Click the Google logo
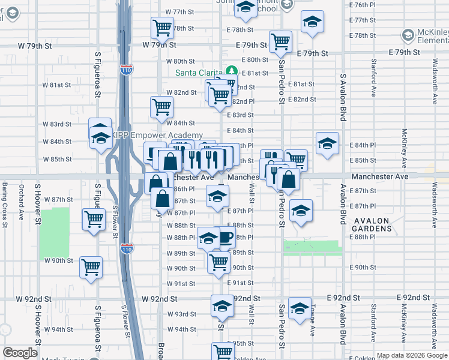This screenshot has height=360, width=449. pyautogui.click(x=20, y=353)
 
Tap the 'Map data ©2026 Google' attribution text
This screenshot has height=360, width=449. pyautogui.click(x=412, y=355)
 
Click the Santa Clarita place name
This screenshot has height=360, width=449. pyautogui.click(x=199, y=73)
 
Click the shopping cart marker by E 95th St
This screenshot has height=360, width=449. pyautogui.click(x=223, y=351)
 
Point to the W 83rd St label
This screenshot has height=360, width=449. pyautogui.click(x=57, y=124)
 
